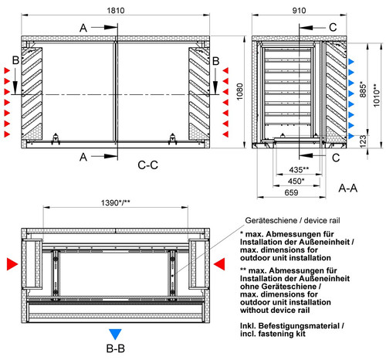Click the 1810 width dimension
[116, 11]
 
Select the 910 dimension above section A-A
[299, 11]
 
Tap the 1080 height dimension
[239, 92]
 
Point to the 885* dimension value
[363, 90]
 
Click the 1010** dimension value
[377, 95]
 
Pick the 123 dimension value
[363, 141]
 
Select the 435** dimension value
[299, 170]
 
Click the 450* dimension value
[296, 181]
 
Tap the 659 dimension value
[291, 192]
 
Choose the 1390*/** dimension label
[116, 203]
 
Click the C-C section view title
[147, 165]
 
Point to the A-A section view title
[348, 188]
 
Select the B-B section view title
[116, 348]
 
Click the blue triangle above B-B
[115, 335]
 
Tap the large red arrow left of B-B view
[12, 264]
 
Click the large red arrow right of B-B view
[219, 264]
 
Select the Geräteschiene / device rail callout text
[293, 220]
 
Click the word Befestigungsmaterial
[299, 326]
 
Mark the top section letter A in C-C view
[83, 28]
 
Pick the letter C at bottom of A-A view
[336, 158]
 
